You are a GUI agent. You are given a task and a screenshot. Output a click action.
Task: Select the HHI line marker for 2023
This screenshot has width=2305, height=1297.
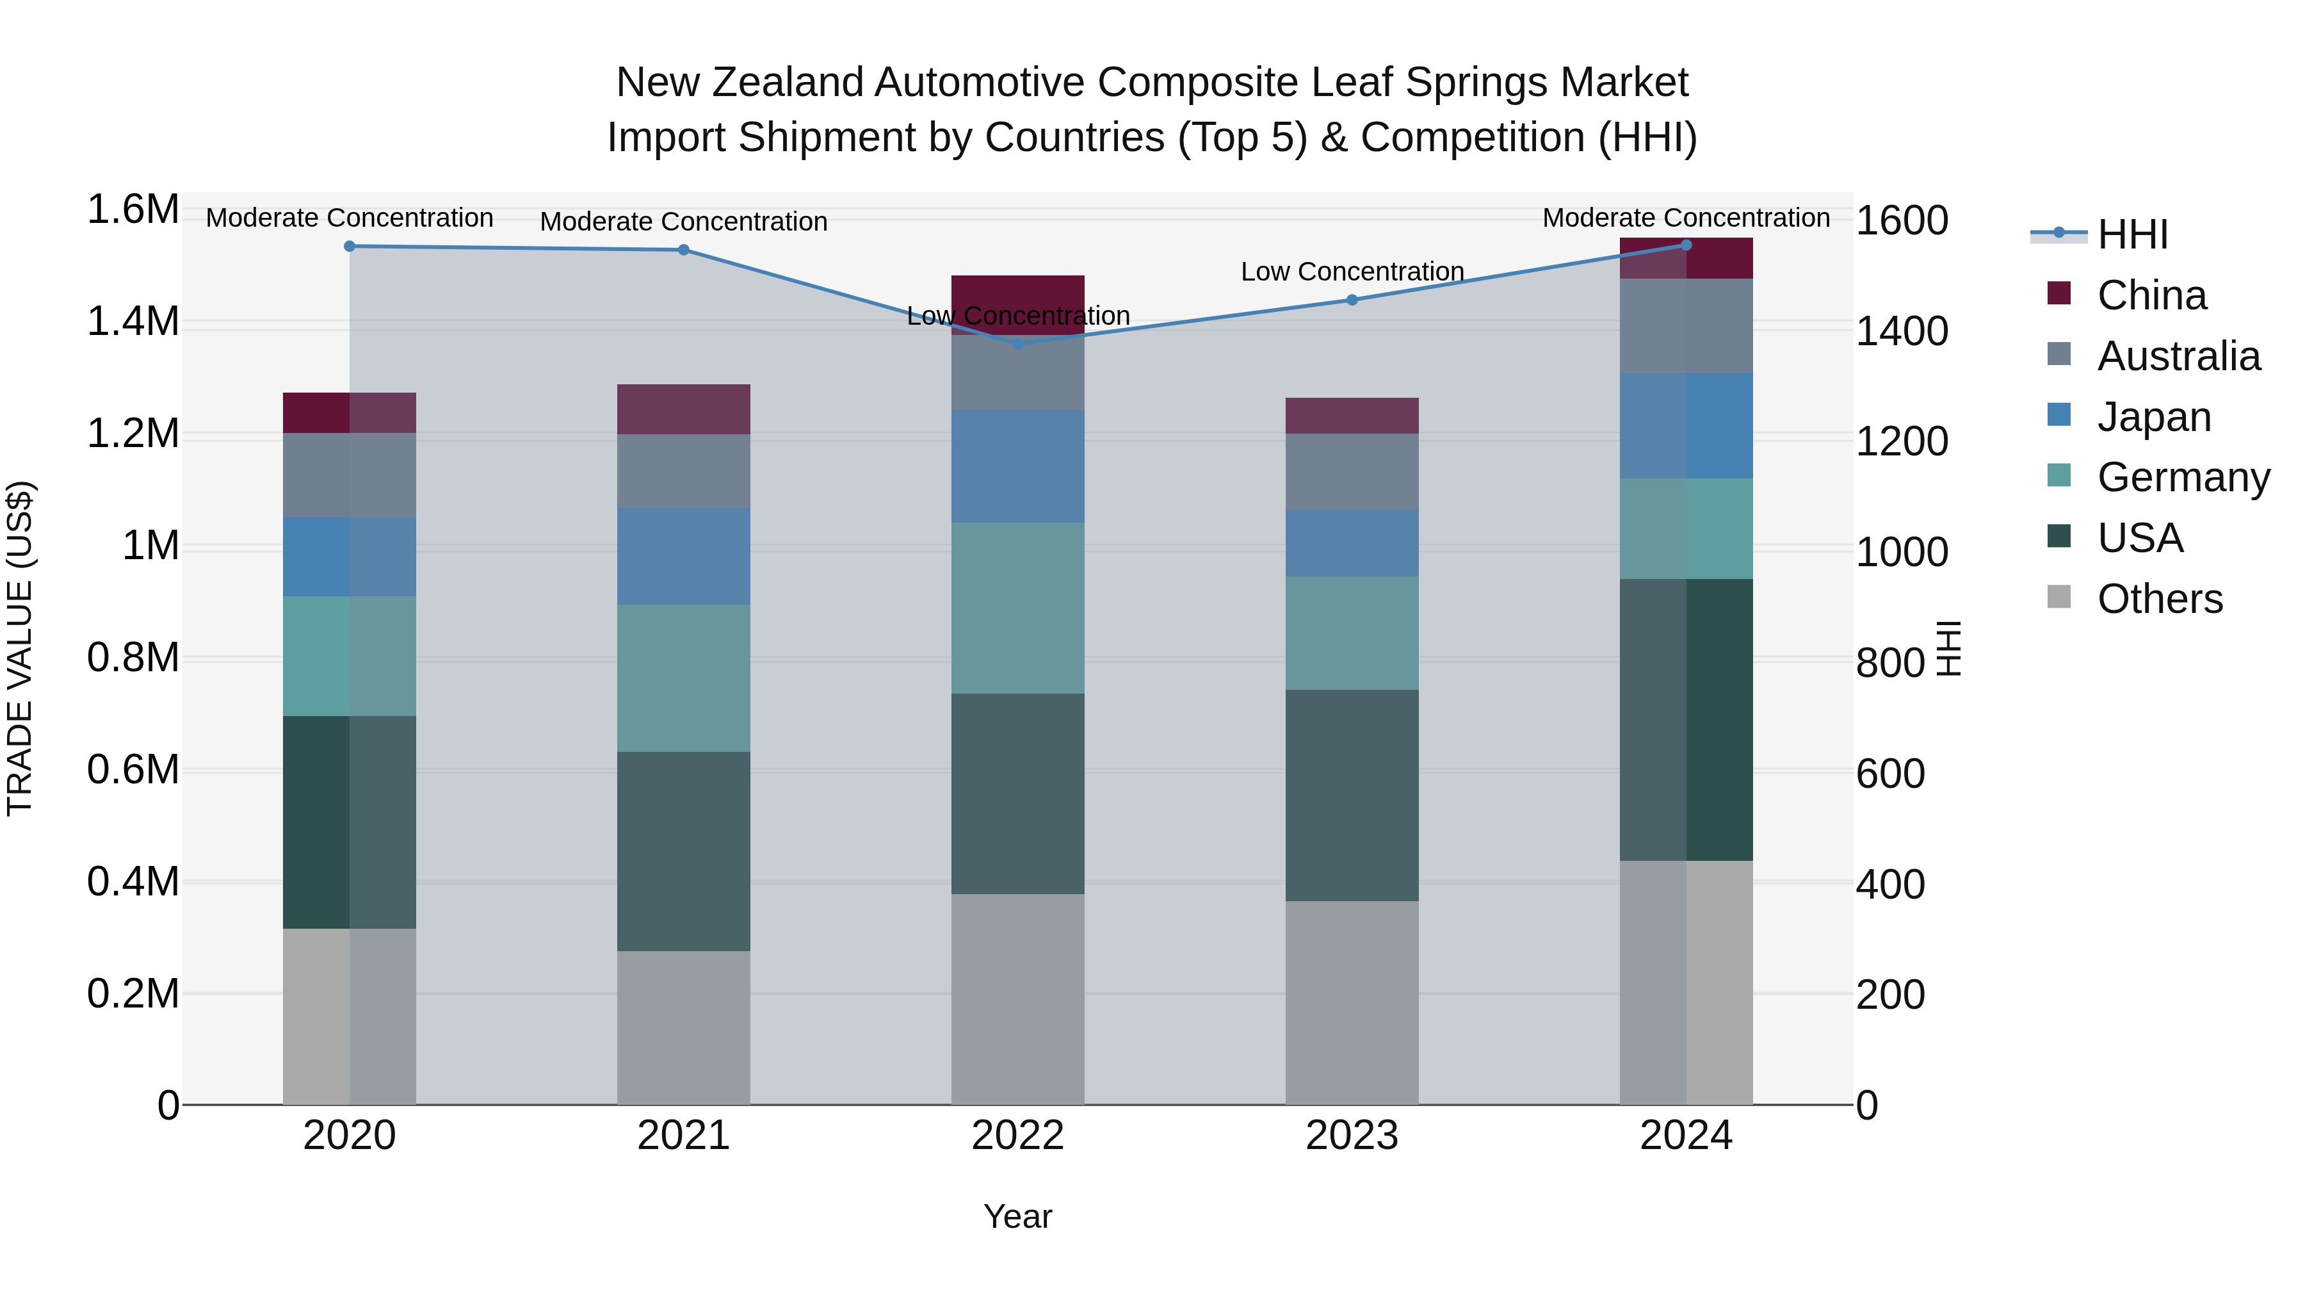[x=1352, y=300]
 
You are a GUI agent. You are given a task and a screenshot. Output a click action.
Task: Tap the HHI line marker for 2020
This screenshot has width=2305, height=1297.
[x=350, y=246]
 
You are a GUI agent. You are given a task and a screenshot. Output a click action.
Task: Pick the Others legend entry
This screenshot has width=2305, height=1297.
[x=2158, y=599]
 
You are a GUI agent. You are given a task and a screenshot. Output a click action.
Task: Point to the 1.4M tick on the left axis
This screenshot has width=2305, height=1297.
[x=133, y=322]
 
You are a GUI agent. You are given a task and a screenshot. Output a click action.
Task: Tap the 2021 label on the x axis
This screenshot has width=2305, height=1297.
[x=684, y=1136]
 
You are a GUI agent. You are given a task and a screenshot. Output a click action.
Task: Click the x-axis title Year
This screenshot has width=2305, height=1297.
[x=1017, y=1216]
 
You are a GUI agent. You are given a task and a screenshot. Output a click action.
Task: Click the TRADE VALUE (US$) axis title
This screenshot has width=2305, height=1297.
[x=20, y=648]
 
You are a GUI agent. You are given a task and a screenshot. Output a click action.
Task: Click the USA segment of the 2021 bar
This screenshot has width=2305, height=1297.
[x=684, y=851]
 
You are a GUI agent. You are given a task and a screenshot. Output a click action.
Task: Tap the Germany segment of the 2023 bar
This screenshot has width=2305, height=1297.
[x=1352, y=633]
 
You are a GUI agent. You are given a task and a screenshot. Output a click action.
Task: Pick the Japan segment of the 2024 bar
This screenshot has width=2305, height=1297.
[x=1686, y=425]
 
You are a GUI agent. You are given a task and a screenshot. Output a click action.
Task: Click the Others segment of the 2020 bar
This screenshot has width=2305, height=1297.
[x=350, y=1016]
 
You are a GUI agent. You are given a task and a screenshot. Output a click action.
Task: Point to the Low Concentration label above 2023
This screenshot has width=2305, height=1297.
[x=1352, y=271]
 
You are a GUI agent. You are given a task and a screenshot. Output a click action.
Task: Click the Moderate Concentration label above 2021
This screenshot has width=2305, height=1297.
[x=684, y=221]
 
